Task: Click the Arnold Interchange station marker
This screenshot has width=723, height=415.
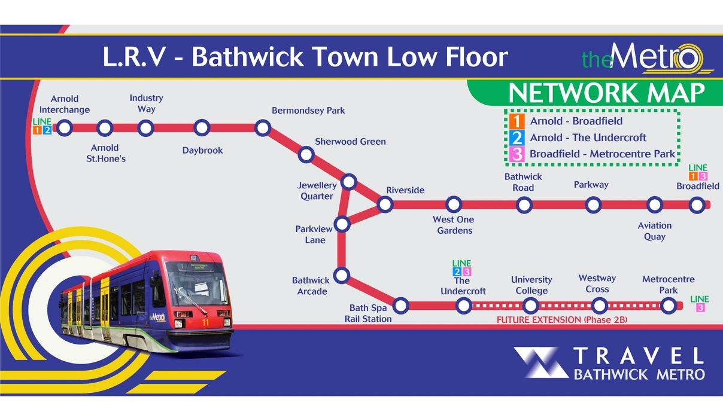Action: point(65,127)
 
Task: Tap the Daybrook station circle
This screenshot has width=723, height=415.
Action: point(202,127)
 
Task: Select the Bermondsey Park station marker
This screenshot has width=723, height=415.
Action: point(262,127)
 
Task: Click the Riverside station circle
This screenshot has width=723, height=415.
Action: point(385,205)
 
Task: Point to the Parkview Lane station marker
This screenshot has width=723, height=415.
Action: point(342,224)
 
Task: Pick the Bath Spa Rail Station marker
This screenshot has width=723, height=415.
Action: point(401,306)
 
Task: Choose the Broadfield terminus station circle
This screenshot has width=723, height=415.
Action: point(696,205)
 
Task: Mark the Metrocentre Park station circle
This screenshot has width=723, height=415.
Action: point(669,306)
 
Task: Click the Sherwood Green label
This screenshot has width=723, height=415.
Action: point(350,142)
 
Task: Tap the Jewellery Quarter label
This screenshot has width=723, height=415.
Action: point(317,191)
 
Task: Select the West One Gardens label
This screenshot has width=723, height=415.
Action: point(454,225)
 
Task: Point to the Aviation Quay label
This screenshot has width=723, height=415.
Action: point(655,231)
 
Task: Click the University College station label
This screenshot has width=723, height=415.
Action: point(531,285)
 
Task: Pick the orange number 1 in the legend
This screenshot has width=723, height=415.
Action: point(517,121)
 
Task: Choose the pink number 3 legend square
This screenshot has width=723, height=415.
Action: point(517,154)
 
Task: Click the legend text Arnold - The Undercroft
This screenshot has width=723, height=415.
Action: point(588,138)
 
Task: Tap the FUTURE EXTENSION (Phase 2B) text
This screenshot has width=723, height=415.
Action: point(561,320)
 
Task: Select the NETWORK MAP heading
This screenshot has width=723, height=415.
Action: point(606,94)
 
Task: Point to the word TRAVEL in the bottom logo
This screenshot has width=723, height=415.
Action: point(638,356)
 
